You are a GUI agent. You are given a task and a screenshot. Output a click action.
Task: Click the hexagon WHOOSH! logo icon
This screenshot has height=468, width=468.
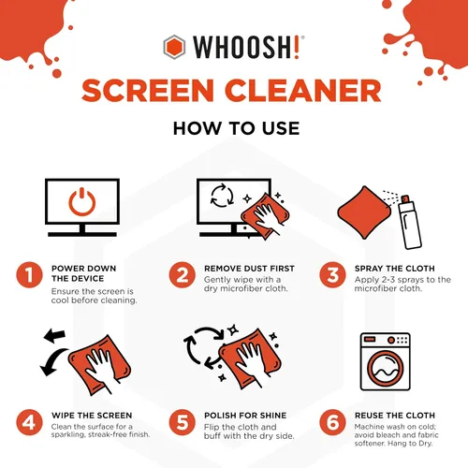pos(174,46)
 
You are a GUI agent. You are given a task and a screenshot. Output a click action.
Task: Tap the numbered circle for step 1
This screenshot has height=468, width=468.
pos(29,277)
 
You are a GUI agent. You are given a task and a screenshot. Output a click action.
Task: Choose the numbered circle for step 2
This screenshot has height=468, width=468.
pos(182,277)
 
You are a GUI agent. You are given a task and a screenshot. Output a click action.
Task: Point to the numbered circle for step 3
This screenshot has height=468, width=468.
pos(332,277)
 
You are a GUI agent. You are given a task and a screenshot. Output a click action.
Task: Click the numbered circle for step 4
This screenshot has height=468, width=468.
pos(29,422)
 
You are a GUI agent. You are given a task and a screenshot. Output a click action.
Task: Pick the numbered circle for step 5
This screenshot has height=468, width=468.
pos(182,422)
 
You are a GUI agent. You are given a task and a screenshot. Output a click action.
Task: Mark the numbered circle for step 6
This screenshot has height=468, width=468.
pos(332,422)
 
